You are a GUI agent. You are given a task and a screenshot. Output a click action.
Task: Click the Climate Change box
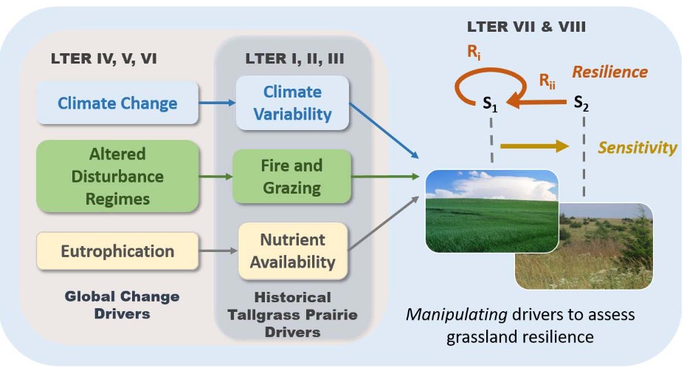pyautogui.click(x=118, y=103)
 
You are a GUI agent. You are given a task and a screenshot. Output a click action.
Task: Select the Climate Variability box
pyautogui.click(x=292, y=103)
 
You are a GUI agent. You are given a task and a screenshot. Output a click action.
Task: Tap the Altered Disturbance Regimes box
pyautogui.click(x=118, y=177)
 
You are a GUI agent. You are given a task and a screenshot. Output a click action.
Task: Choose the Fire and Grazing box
pyautogui.click(x=292, y=177)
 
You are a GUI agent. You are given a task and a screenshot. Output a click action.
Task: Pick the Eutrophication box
pyautogui.click(x=118, y=251)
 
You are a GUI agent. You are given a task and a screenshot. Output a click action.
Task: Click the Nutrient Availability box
pyautogui.click(x=292, y=251)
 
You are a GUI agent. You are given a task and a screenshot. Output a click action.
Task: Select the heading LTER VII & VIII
pyautogui.click(x=531, y=27)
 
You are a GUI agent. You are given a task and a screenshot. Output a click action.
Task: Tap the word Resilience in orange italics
pyautogui.click(x=609, y=72)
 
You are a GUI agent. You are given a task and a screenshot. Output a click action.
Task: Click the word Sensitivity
pyautogui.click(x=637, y=148)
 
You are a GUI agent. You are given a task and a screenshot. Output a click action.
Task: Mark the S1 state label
pyautogui.click(x=491, y=106)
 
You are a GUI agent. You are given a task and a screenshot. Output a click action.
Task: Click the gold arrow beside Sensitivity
pyautogui.click(x=534, y=146)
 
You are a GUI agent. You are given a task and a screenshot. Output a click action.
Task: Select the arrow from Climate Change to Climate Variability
pyautogui.click(x=218, y=103)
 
